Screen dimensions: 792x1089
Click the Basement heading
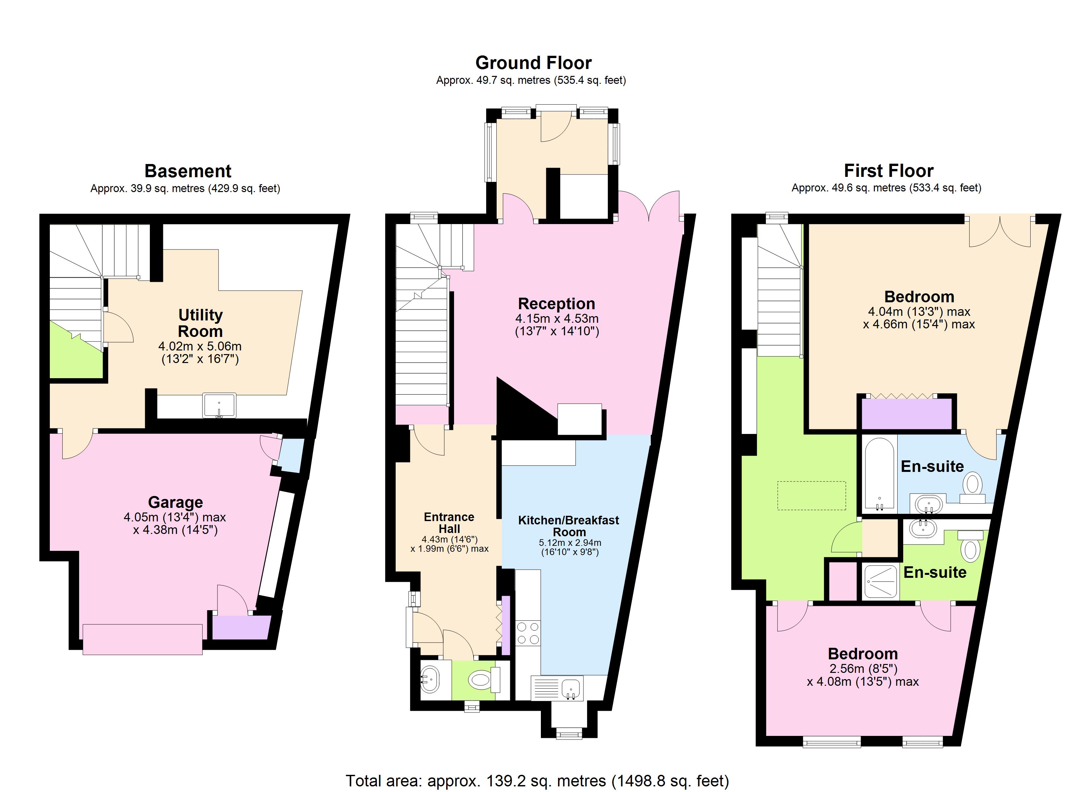pyautogui.click(x=188, y=171)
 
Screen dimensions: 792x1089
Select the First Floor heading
pyautogui.click(x=888, y=171)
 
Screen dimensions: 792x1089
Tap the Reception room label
pyautogui.click(x=556, y=304)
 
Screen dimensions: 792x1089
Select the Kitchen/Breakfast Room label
pyautogui.click(x=569, y=526)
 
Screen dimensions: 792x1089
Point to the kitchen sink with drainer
pyautogui.click(x=557, y=688)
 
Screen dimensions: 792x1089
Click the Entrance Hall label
pyautogui.click(x=449, y=523)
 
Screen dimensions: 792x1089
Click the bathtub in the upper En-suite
pyautogui.click(x=879, y=475)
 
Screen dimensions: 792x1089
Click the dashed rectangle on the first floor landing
pyautogui.click(x=811, y=495)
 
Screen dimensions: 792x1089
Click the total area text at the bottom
pyautogui.click(x=537, y=781)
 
